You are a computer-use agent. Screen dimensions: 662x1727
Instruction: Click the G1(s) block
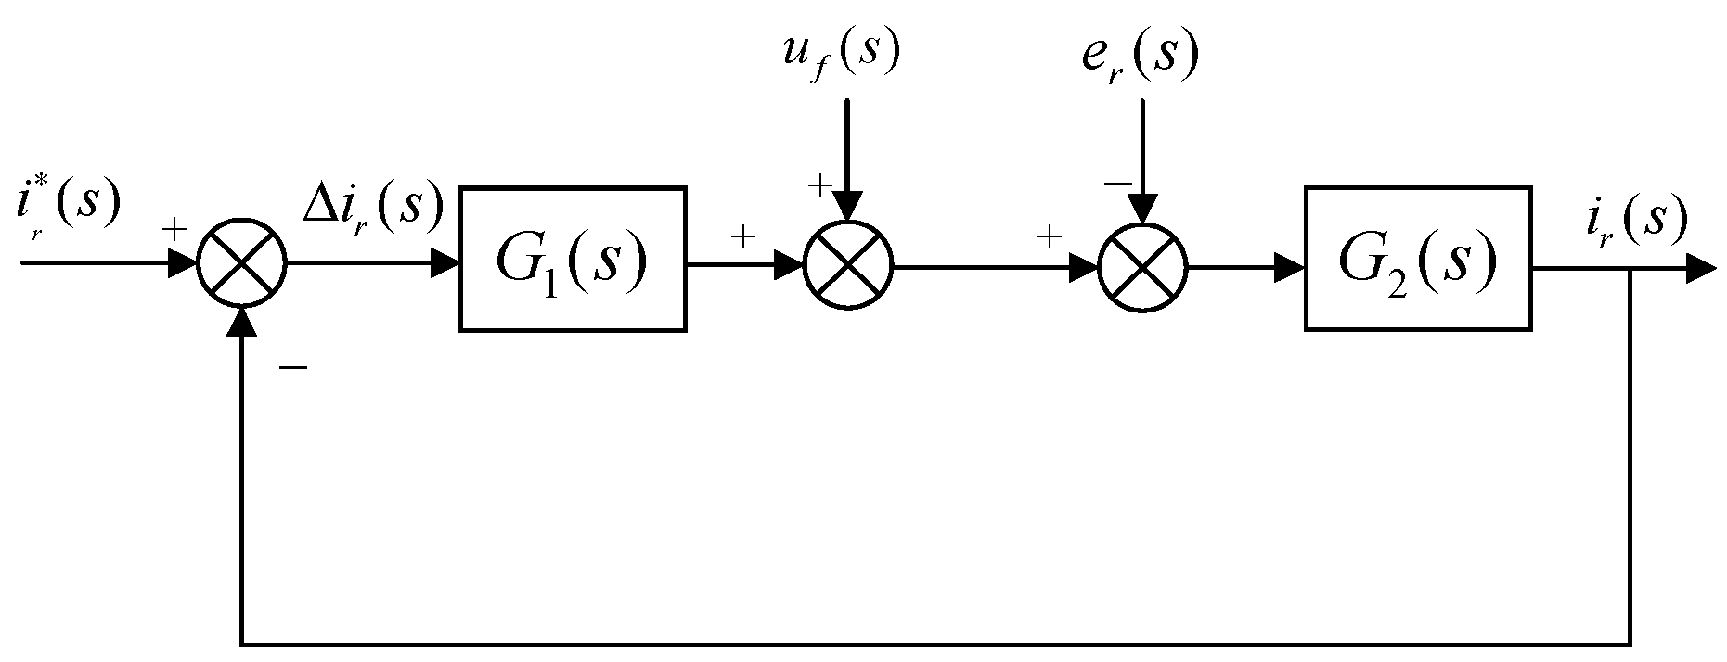click(573, 259)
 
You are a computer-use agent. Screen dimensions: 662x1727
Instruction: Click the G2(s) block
click(1417, 259)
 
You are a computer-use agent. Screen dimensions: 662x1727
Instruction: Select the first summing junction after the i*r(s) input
click(242, 264)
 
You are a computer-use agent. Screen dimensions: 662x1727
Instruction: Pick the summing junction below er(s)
click(1142, 266)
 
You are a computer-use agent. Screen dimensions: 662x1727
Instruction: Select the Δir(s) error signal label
click(372, 206)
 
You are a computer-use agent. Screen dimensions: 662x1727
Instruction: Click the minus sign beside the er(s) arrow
click(1116, 184)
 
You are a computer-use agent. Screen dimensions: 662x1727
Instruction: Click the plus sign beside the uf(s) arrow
click(819, 185)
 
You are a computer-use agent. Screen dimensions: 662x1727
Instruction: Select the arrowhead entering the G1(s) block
click(445, 264)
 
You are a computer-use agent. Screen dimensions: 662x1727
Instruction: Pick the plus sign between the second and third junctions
click(1049, 237)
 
